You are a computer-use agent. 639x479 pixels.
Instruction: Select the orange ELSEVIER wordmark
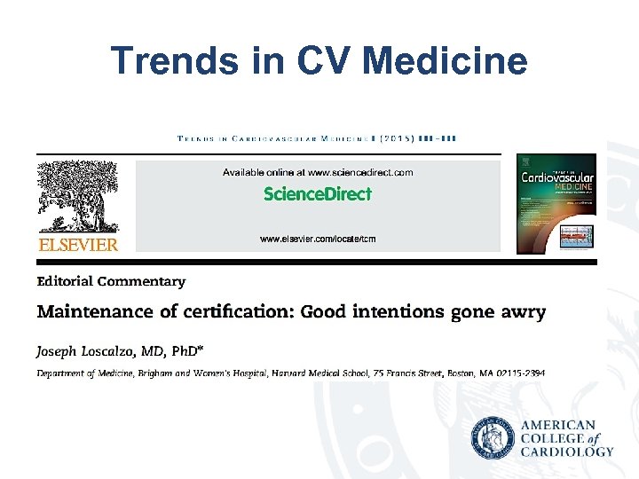click(76, 245)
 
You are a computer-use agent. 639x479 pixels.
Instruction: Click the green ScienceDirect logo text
click(318, 194)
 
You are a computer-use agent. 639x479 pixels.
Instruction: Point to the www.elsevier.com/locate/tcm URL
click(318, 239)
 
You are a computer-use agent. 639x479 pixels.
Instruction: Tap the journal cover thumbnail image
click(556, 203)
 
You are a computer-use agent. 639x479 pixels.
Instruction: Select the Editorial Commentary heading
click(111, 282)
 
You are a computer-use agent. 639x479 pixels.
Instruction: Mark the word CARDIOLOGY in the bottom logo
click(568, 452)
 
